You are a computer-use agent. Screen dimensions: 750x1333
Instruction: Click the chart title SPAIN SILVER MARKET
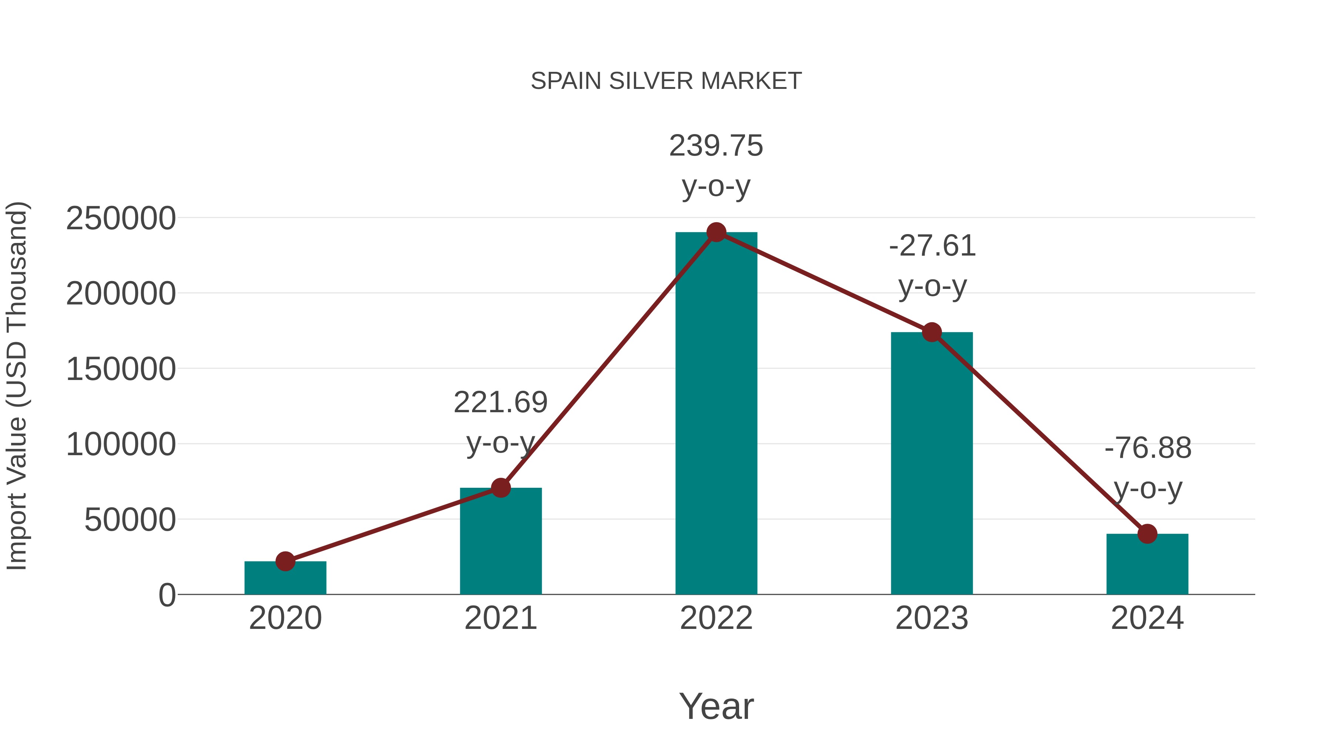666,81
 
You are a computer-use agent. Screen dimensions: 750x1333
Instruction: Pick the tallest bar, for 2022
716,414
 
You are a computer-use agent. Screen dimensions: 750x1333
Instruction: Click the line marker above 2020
285,561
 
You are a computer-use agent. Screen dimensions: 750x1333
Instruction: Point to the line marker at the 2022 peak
716,232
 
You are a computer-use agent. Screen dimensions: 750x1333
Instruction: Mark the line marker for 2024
1147,534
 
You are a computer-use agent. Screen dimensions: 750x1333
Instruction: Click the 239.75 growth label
716,146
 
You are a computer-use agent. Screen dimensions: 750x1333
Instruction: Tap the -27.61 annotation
932,246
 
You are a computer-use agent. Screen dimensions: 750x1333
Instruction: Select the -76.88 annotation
1148,448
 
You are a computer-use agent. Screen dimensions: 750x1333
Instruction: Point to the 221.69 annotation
500,403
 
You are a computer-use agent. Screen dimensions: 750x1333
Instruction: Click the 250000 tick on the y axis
121,219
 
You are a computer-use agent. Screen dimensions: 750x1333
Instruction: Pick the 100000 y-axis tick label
121,444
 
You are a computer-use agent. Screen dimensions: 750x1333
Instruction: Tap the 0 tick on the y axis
167,595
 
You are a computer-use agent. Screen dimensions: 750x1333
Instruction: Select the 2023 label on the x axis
932,618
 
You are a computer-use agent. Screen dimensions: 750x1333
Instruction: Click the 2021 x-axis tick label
500,618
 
